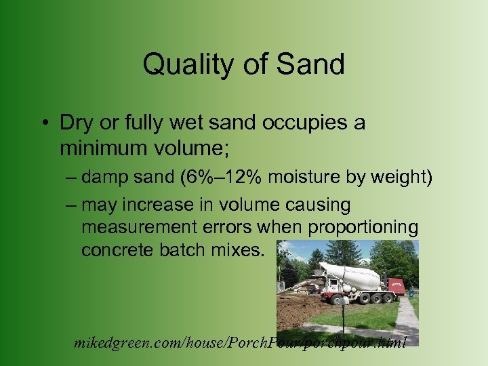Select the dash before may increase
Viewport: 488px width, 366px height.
(x=72, y=205)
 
